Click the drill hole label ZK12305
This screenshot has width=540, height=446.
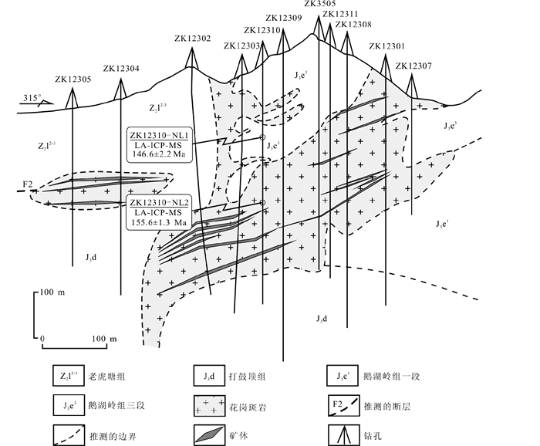[73, 79]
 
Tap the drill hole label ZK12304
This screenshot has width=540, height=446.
[121, 69]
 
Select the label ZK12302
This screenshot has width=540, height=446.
[192, 39]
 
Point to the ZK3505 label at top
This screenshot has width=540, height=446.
[320, 4]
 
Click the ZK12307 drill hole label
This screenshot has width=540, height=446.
[413, 66]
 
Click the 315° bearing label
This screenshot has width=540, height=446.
[31, 98]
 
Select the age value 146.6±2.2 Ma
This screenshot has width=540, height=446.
[160, 154]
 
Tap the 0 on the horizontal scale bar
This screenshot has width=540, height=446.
[43, 340]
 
